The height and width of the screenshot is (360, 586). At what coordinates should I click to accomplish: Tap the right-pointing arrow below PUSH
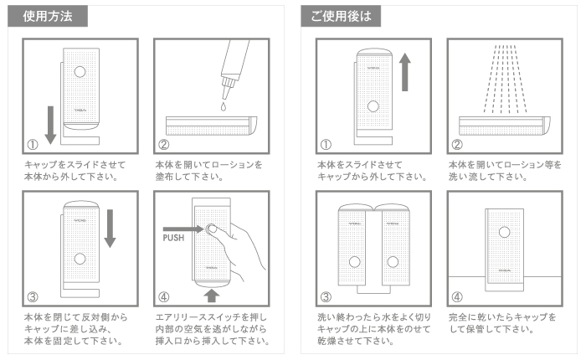point(178,226)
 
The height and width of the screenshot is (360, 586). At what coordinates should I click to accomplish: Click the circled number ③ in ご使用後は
point(326,297)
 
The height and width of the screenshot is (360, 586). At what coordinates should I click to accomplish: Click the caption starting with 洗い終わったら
point(372,329)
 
